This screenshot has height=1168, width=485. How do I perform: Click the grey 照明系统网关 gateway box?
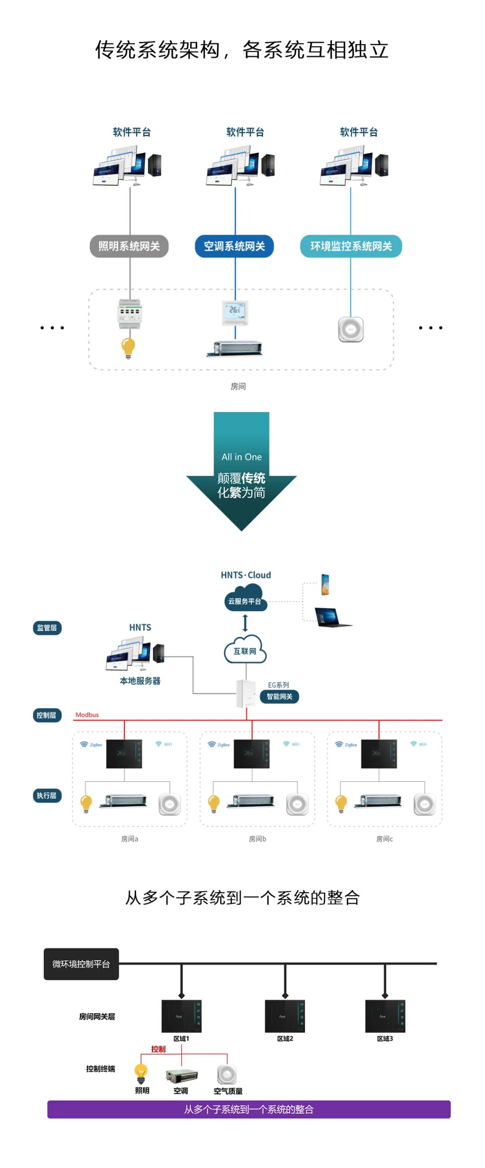coord(129,246)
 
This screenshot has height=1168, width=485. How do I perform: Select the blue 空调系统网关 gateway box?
coord(234,246)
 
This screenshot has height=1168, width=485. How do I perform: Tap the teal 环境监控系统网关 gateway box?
coord(351,246)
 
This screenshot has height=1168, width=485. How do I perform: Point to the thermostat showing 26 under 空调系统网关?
coord(235,312)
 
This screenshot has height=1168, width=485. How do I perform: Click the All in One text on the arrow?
coord(241,456)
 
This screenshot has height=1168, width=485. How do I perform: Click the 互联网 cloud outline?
coord(245,650)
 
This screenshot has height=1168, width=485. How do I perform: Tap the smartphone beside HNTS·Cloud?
coord(325,584)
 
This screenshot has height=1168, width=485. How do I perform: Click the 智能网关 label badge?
coord(279,697)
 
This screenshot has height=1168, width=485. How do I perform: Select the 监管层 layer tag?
coord(47,627)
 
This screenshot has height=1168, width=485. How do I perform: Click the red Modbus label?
coord(87,715)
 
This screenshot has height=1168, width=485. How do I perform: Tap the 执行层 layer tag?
coord(47,795)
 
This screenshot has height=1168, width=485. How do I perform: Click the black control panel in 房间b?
coord(251,754)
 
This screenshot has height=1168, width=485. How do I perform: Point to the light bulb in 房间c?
coord(341,803)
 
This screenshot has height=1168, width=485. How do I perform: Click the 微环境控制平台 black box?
coord(81,964)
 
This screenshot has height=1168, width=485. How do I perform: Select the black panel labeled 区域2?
coord(285,1016)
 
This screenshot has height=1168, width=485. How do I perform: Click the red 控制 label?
coord(158,1049)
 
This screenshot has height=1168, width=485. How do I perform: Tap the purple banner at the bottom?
coord(249,1109)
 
